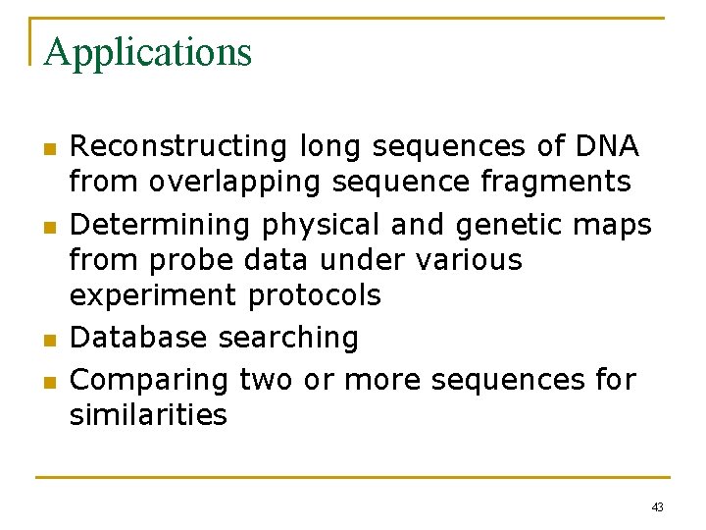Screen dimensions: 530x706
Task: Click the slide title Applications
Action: coord(148,52)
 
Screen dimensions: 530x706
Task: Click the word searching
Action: coord(289,338)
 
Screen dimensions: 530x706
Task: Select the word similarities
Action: coord(148,414)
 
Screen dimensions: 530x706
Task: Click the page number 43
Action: coord(657,506)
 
